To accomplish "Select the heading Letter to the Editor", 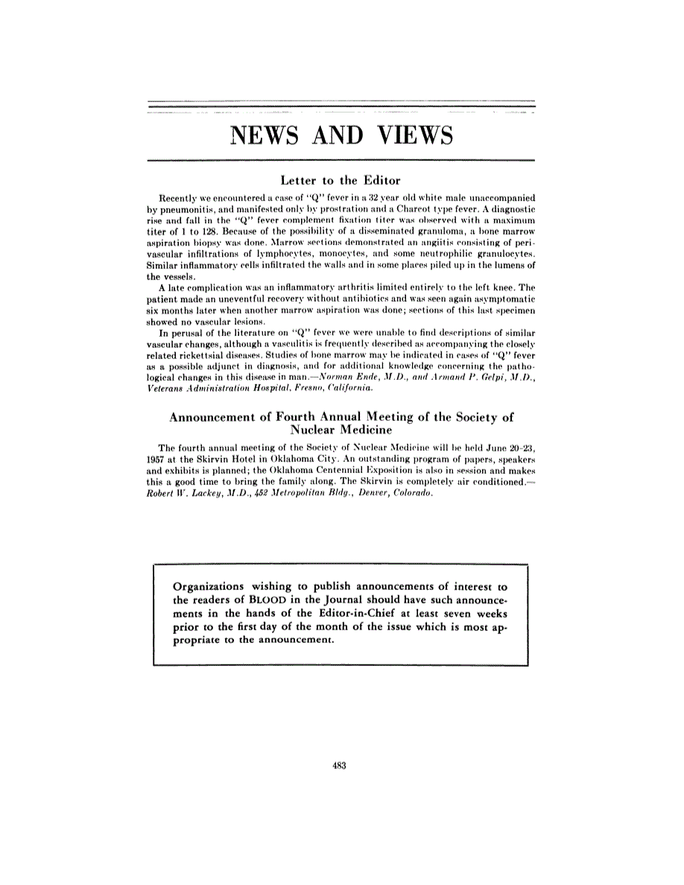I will coord(341,180).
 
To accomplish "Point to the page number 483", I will coord(342,764).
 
